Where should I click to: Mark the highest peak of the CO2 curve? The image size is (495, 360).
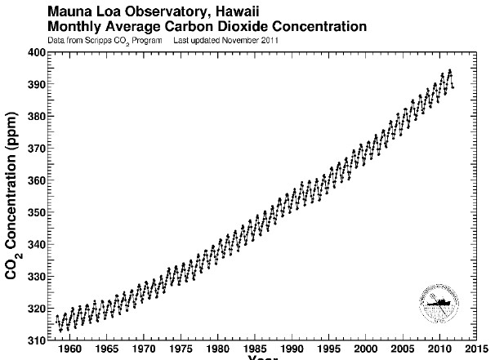coord(449,70)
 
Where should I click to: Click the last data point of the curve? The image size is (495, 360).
coord(453,87)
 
